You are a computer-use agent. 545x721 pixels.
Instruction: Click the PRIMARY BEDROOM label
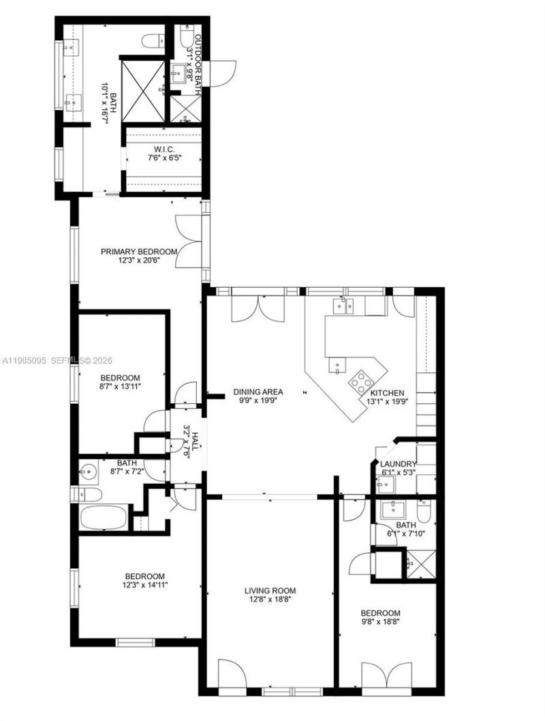(x=139, y=251)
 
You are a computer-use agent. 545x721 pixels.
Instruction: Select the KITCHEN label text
(x=388, y=393)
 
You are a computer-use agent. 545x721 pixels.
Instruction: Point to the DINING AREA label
(x=258, y=392)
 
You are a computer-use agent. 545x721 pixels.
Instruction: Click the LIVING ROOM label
(x=270, y=591)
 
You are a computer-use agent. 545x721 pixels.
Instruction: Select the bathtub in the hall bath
(x=104, y=516)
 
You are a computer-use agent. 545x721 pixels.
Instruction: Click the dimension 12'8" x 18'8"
(x=270, y=600)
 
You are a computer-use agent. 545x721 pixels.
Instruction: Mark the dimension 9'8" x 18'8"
(x=381, y=622)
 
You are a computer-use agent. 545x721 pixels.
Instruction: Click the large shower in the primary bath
(x=143, y=89)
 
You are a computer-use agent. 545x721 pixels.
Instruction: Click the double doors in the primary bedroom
(x=186, y=234)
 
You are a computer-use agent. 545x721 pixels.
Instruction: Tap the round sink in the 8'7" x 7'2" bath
(x=89, y=470)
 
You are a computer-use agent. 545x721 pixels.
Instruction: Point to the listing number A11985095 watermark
(x=23, y=360)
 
